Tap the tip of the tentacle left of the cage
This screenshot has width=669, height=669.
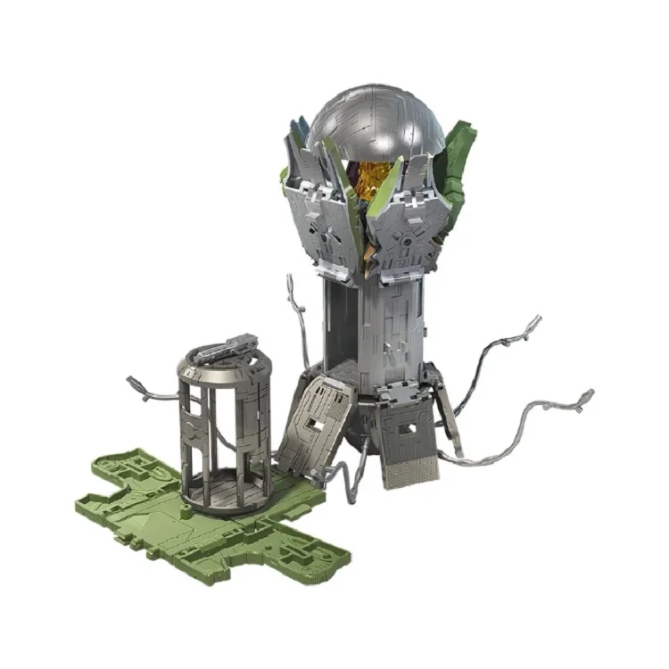[x=134, y=383]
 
